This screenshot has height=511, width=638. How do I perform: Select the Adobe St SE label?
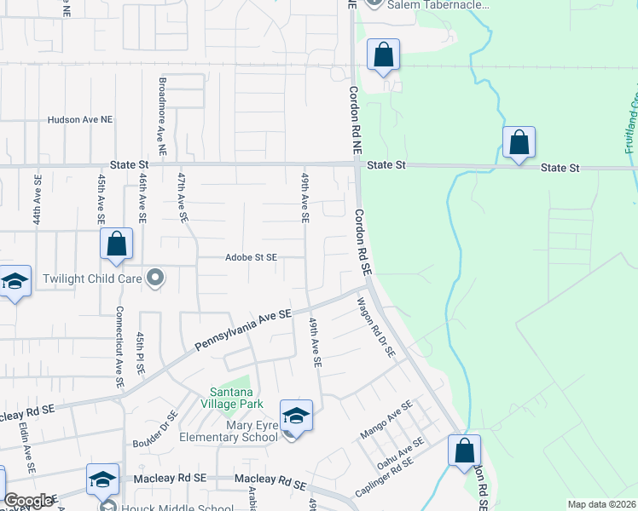coord(251,257)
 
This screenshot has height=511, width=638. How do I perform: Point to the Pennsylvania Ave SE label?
coord(243,330)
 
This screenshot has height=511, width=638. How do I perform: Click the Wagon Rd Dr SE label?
coord(376,327)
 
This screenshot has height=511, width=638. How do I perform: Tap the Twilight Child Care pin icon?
coord(155,278)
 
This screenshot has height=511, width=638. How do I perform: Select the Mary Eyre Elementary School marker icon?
coord(296,416)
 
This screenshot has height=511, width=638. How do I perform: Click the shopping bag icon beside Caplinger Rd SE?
coord(464,451)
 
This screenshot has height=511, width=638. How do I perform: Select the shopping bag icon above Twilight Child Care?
coord(117,244)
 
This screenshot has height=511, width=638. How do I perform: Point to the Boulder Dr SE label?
coord(155,430)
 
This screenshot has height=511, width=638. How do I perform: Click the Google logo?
coord(28,501)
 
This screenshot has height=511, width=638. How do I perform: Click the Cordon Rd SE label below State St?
coord(364,242)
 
